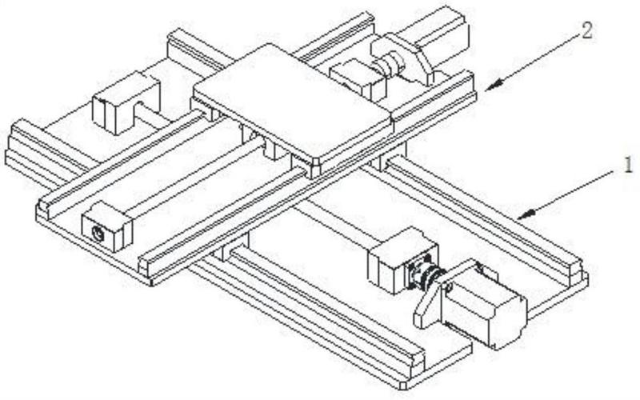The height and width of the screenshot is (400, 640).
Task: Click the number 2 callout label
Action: (586, 30)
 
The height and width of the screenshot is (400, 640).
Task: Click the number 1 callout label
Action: (627, 166)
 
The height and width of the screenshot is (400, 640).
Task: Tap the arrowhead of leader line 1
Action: (525, 214)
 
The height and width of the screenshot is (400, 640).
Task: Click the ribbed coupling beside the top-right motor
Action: (390, 62)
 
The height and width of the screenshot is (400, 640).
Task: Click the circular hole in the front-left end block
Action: (98, 234)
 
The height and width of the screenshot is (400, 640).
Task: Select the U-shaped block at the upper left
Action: (126, 103)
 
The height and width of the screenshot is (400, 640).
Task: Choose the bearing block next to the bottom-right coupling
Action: (394, 262)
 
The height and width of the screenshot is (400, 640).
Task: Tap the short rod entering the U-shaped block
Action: (151, 115)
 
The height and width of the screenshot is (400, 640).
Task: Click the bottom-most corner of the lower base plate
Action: (403, 387)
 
